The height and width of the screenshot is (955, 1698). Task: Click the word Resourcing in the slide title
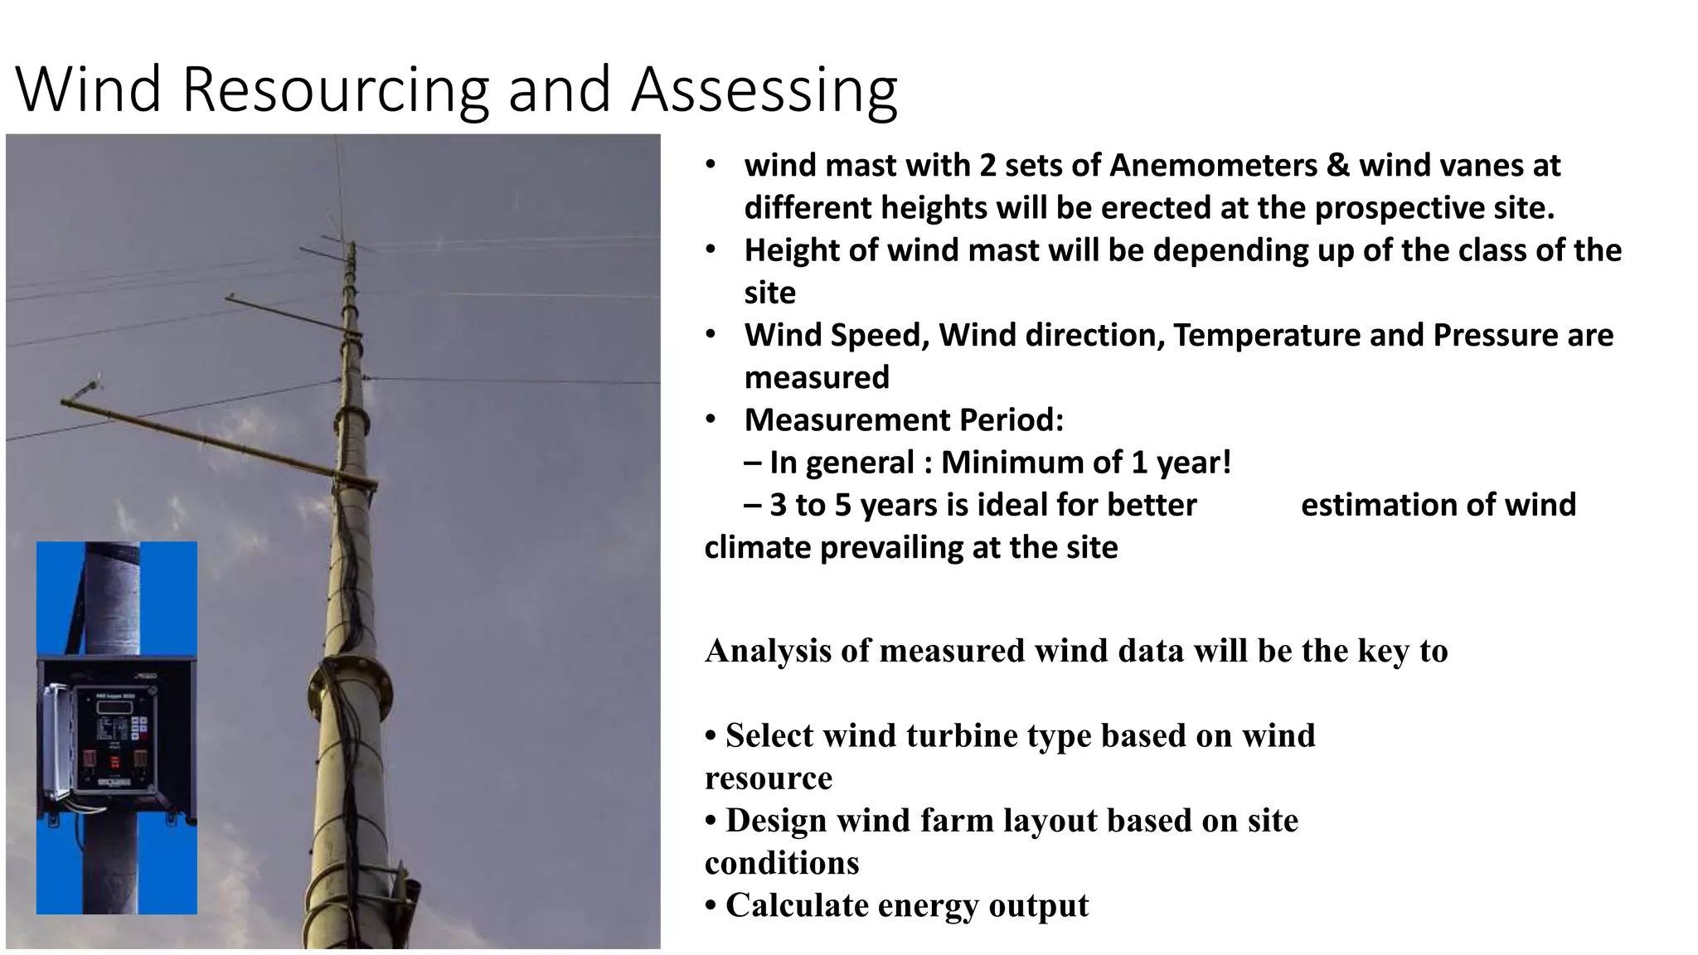click(336, 90)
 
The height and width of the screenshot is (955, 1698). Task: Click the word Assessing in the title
click(764, 90)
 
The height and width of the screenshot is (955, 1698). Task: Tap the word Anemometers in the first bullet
click(1213, 166)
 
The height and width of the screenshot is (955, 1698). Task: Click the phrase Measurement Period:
click(904, 419)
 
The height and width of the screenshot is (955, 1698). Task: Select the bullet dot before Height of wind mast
click(711, 250)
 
